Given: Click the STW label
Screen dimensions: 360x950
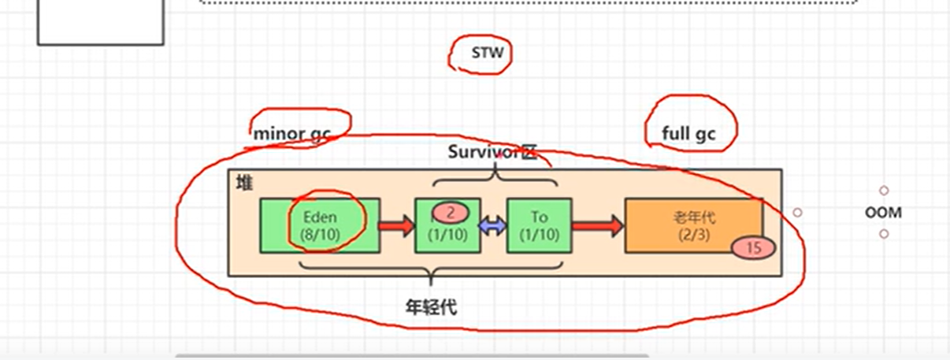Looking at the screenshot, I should click(x=487, y=54).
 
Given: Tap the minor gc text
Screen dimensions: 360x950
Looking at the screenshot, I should click(x=291, y=134).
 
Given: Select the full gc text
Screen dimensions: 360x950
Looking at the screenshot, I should click(x=688, y=134).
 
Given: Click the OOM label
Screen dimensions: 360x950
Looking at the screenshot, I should click(x=883, y=213).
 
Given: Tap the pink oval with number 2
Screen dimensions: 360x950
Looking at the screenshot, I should click(x=449, y=213).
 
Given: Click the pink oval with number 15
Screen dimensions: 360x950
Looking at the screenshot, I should click(x=753, y=248).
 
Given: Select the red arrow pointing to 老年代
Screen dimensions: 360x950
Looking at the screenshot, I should click(x=598, y=227).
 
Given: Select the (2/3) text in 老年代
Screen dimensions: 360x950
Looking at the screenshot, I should click(x=694, y=234).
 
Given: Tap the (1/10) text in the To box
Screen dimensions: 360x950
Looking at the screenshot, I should click(x=540, y=234).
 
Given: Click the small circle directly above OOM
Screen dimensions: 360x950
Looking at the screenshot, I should click(x=884, y=191).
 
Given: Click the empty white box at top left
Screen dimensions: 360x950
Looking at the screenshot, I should click(x=101, y=22).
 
